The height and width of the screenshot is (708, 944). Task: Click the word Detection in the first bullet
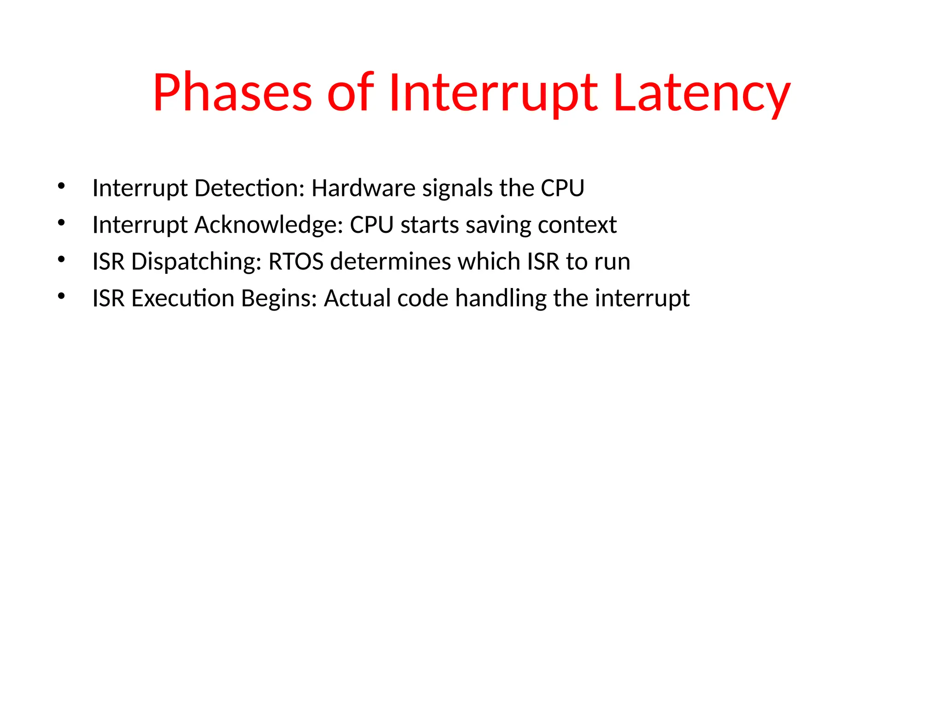click(249, 188)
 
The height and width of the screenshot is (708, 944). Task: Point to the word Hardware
click(364, 188)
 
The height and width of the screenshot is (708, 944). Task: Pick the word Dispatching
click(196, 261)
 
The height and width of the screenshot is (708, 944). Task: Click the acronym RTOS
click(296, 261)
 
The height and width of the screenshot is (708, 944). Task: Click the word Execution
click(183, 298)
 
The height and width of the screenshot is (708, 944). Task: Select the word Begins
click(279, 298)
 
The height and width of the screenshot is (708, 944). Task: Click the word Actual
click(357, 298)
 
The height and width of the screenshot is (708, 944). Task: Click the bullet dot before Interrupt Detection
click(61, 186)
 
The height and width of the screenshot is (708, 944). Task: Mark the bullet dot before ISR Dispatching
click(61, 260)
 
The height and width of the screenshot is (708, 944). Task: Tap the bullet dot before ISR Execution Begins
click(61, 296)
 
